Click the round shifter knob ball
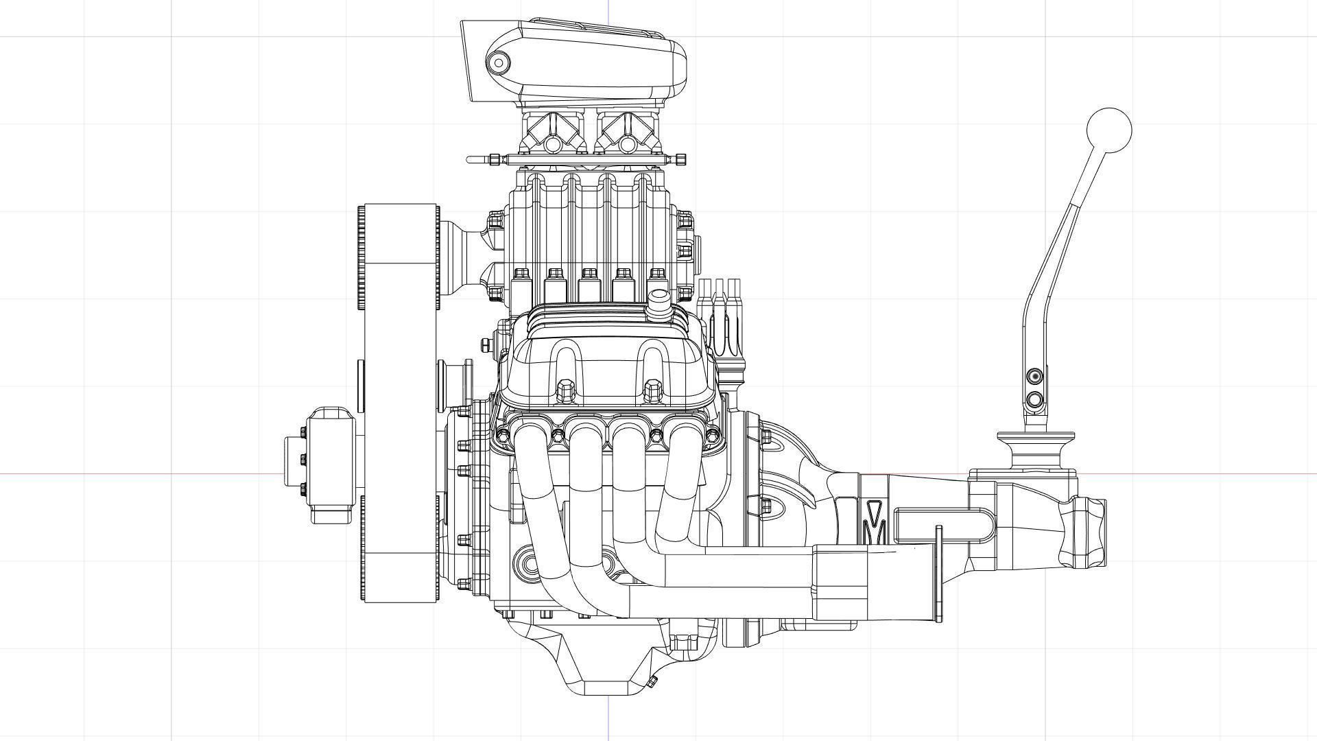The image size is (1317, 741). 1109,130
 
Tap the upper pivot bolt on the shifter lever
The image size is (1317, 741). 1035,376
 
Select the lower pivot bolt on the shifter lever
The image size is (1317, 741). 1035,399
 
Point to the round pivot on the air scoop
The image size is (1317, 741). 499,64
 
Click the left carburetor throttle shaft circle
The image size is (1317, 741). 553,145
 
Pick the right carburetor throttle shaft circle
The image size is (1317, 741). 628,145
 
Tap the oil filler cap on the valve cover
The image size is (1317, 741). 659,303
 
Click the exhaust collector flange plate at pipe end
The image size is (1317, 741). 938,574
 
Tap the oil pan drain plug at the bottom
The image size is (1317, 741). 652,681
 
